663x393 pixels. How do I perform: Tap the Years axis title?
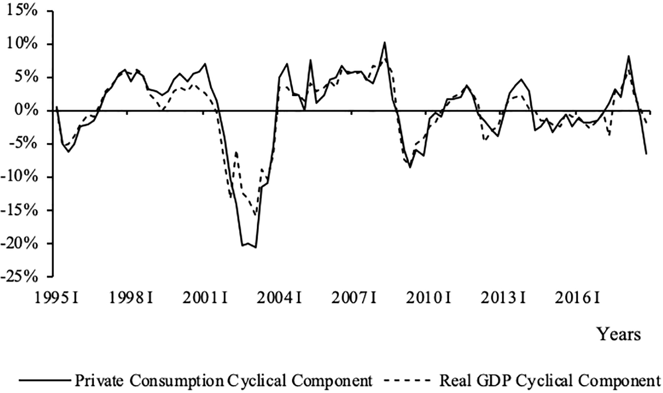(618, 334)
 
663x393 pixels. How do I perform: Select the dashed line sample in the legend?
(407, 379)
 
